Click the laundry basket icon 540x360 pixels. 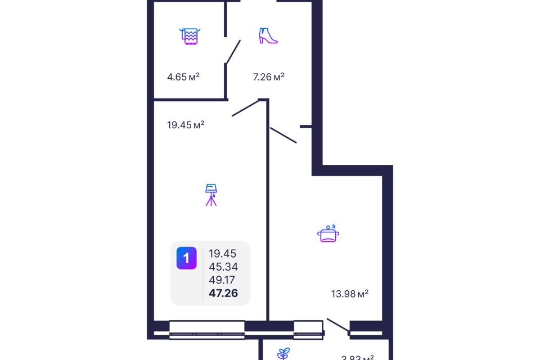(x=190, y=36)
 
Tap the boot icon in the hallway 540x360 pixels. (x=268, y=35)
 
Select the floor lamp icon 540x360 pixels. (x=211, y=195)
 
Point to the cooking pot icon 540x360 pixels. (x=328, y=232)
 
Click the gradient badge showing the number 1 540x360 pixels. (x=186, y=258)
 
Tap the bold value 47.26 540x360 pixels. (x=223, y=292)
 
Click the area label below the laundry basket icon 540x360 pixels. (x=183, y=76)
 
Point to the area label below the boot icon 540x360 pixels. (x=268, y=76)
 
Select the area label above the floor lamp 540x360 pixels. (x=186, y=125)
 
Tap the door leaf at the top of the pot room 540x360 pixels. (x=283, y=136)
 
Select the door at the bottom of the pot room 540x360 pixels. (x=338, y=326)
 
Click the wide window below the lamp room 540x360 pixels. (x=207, y=329)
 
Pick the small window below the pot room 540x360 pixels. (x=309, y=329)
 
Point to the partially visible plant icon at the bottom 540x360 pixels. (x=283, y=354)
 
